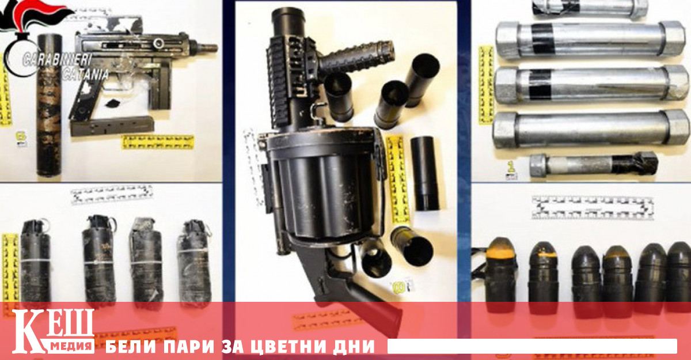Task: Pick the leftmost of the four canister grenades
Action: tap(35, 259)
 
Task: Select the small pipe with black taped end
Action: tap(593, 164)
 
